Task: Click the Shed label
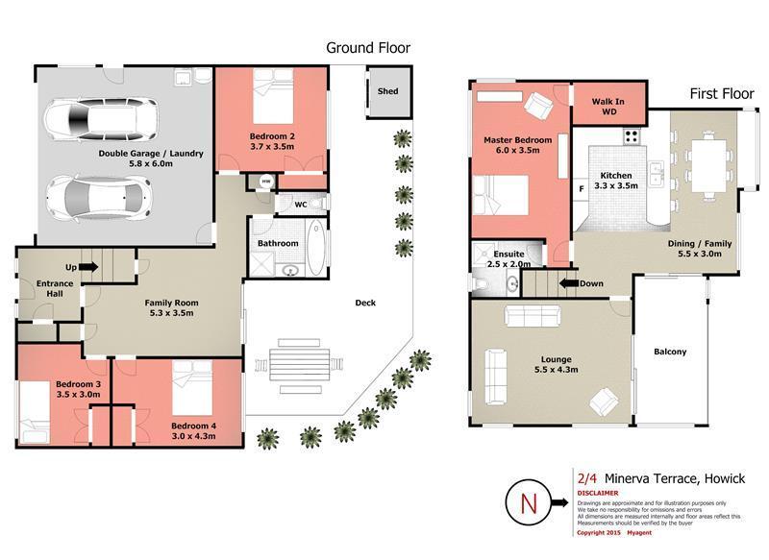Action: click(387, 92)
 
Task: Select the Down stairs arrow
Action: click(573, 283)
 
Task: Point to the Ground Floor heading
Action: click(368, 47)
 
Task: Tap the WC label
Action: click(299, 204)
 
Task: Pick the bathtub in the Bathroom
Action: click(314, 247)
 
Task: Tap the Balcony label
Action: click(670, 352)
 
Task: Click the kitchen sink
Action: click(656, 174)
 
